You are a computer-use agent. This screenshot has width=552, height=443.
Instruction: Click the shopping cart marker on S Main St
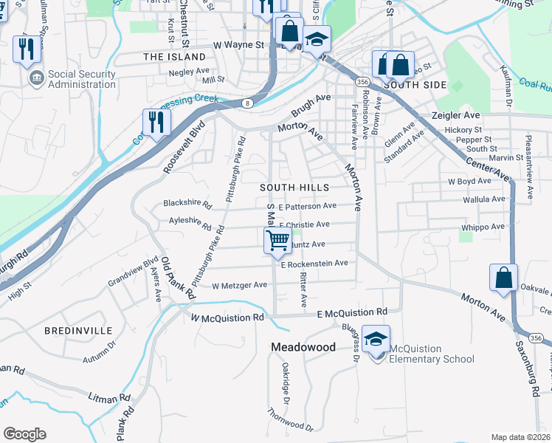click(x=277, y=239)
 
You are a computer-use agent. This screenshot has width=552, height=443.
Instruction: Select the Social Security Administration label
click(x=82, y=79)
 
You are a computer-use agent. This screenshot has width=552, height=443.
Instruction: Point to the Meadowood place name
click(x=303, y=347)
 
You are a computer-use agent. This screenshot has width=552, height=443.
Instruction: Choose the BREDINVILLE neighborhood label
click(x=77, y=329)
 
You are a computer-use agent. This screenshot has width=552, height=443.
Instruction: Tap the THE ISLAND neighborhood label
click(x=175, y=57)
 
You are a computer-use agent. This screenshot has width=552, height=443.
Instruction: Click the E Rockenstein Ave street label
click(x=314, y=263)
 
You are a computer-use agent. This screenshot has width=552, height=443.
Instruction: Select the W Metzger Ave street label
click(x=239, y=285)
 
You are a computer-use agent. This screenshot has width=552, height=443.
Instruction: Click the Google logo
click(x=24, y=434)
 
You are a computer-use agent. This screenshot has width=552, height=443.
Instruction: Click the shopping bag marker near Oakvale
click(x=503, y=278)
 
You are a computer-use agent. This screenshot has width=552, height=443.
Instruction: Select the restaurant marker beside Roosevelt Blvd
click(x=156, y=122)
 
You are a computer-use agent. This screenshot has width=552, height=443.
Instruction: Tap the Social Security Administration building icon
click(x=35, y=77)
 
